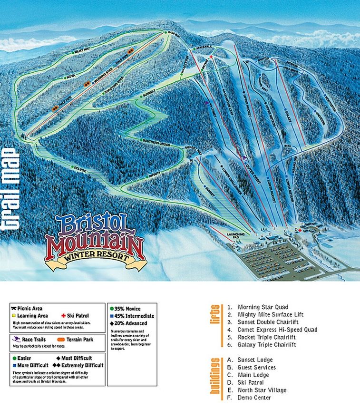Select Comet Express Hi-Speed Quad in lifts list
click(x=271, y=330)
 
